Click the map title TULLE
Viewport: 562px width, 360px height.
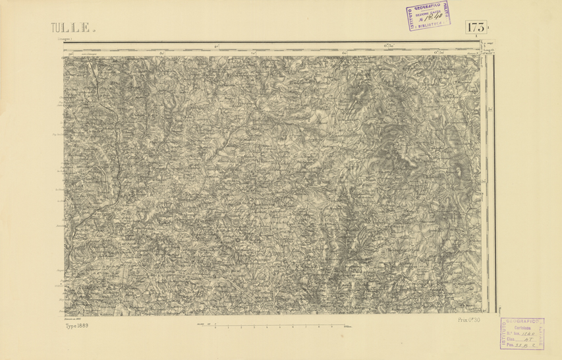tap(70, 28)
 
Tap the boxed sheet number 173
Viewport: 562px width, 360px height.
tap(477, 28)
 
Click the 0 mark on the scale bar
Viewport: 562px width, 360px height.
tap(215, 327)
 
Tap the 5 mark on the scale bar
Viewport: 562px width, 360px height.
tap(280, 327)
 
